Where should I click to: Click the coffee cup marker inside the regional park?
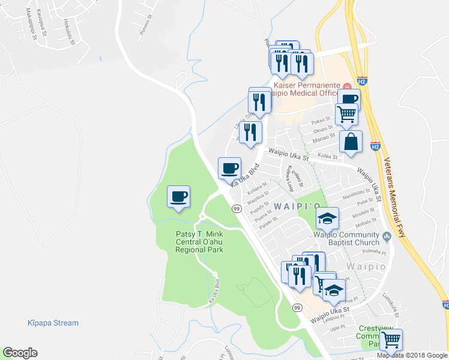pos(178,197)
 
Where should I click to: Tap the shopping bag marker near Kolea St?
pos(351,142)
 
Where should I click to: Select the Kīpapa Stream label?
pos(53,323)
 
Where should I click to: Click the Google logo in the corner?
pos(20,353)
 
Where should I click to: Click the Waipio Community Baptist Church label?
pos(349,239)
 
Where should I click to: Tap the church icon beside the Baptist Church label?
pos(387,236)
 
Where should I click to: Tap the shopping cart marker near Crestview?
pos(391,340)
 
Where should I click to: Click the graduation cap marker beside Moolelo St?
pos(327,218)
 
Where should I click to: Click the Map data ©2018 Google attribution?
pos(412,355)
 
